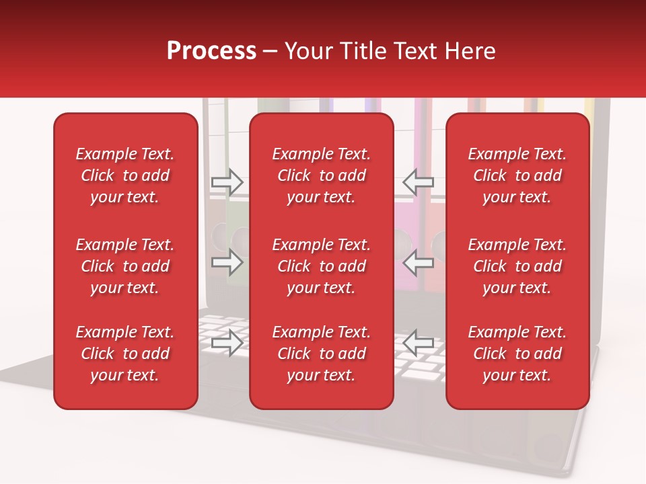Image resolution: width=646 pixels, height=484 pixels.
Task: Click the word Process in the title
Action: (211, 51)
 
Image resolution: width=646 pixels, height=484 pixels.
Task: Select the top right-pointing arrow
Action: (227, 182)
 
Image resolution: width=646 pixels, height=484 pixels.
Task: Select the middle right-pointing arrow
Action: (227, 263)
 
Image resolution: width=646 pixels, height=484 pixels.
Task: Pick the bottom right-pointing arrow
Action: (227, 344)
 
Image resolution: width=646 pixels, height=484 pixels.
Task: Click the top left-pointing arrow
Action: (418, 182)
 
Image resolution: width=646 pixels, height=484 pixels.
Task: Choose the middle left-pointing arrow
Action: (418, 263)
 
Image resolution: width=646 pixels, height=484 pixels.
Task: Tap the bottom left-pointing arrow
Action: (418, 344)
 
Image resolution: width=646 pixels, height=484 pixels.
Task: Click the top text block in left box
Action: (125, 175)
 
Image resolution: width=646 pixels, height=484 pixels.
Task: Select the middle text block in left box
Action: (125, 266)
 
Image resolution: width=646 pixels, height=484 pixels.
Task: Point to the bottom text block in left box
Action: (125, 354)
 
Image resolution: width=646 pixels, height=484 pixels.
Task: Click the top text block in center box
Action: (322, 175)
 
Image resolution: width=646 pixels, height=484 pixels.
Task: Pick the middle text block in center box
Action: (322, 266)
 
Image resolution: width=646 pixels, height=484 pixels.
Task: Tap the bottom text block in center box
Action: (322, 354)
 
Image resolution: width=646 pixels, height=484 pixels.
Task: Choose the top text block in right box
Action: (517, 175)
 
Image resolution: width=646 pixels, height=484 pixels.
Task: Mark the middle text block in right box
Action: (517, 266)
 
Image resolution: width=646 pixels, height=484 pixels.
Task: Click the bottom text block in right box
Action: (517, 354)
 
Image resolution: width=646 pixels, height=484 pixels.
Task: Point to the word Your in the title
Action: (307, 51)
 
